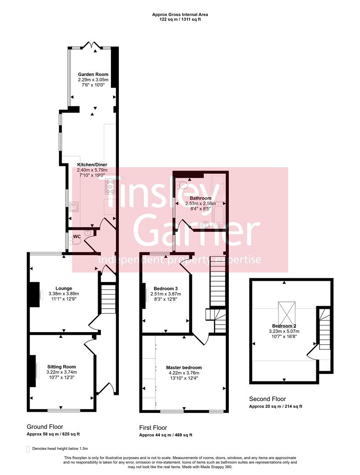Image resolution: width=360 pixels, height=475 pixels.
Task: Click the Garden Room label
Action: (93, 74)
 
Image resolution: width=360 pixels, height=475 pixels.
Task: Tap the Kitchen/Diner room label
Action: (92, 164)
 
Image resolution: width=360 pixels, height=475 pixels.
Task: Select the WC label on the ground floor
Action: (77, 237)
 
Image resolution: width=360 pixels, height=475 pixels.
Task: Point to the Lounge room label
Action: (64, 289)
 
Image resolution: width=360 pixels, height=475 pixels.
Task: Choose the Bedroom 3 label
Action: (166, 289)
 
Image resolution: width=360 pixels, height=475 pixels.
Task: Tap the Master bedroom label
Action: (184, 367)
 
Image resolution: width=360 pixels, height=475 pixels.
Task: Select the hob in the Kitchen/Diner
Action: (110, 186)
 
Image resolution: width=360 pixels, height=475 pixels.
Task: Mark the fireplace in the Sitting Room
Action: (33, 370)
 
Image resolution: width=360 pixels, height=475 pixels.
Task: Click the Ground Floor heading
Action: (45, 427)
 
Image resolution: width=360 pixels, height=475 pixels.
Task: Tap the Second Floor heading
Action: (267, 399)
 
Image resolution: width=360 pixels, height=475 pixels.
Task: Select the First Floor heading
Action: (153, 427)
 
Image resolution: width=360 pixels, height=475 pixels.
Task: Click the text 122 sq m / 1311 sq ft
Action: (180, 20)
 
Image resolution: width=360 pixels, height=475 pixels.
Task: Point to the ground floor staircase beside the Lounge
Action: (108, 299)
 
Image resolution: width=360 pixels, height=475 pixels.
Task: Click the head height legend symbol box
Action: (29, 449)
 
